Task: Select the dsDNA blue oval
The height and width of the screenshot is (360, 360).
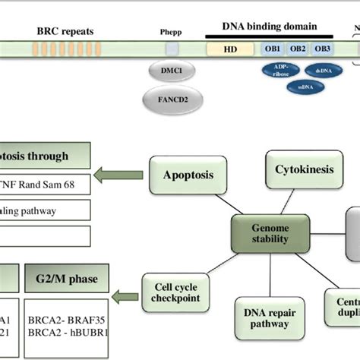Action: tap(322, 71)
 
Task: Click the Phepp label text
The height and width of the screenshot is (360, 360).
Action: tap(172, 32)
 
